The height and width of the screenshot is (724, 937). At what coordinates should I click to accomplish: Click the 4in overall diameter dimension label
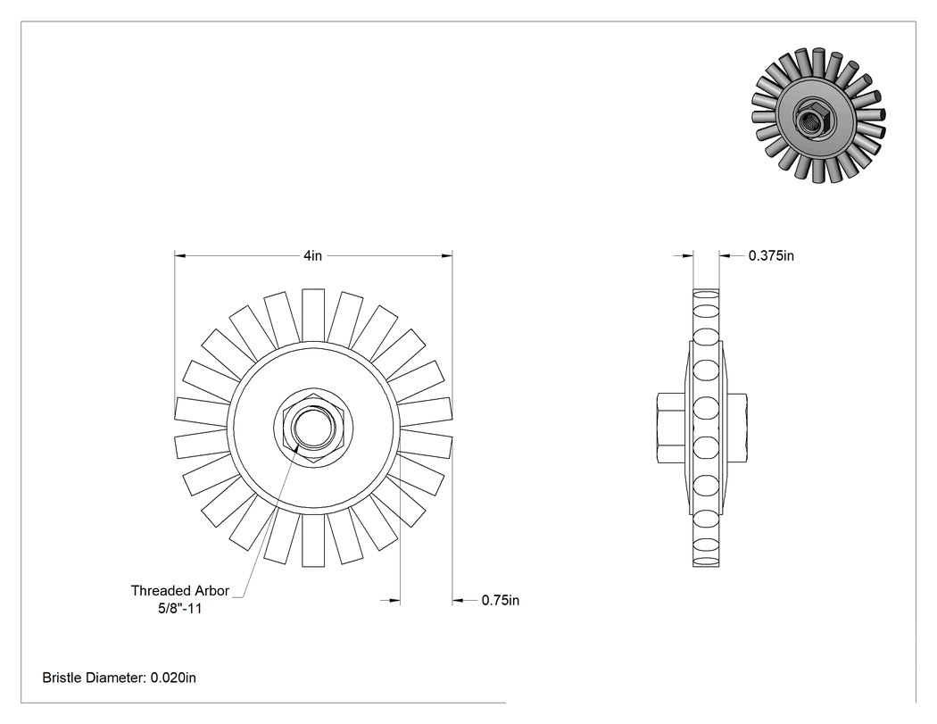pyautogui.click(x=312, y=256)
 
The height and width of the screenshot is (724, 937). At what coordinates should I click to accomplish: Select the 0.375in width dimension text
pyautogui.click(x=771, y=256)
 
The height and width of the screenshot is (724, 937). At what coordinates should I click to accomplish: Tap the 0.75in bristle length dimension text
pyautogui.click(x=500, y=600)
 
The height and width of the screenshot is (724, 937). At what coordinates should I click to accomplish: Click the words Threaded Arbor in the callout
pyautogui.click(x=180, y=591)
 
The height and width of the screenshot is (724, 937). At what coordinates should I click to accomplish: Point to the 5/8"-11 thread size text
pyautogui.click(x=180, y=609)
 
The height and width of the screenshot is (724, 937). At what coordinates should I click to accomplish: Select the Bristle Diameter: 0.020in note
pyautogui.click(x=119, y=678)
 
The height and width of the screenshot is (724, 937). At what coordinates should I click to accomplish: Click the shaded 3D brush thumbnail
pyautogui.click(x=818, y=115)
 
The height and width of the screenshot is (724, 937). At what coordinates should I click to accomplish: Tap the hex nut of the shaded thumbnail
pyautogui.click(x=811, y=120)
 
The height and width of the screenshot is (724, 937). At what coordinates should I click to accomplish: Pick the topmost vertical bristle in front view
pyautogui.click(x=313, y=316)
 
